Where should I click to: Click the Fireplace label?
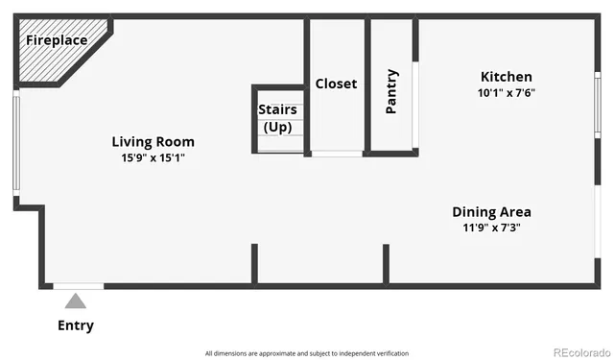[x=56, y=40]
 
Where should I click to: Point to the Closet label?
[x=336, y=84]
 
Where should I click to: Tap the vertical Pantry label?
[x=391, y=91]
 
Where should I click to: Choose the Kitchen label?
[x=506, y=77]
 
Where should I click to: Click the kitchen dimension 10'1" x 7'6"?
[x=506, y=93]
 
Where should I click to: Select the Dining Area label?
[x=491, y=212]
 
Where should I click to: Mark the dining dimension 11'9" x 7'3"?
[x=491, y=228]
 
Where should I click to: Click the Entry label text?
[x=76, y=325]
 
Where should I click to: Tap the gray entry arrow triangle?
[x=76, y=301]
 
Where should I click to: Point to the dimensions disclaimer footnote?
[x=307, y=353]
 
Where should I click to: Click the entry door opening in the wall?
[x=78, y=286]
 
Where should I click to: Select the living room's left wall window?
[x=15, y=144]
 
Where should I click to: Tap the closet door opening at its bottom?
[x=337, y=154]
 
